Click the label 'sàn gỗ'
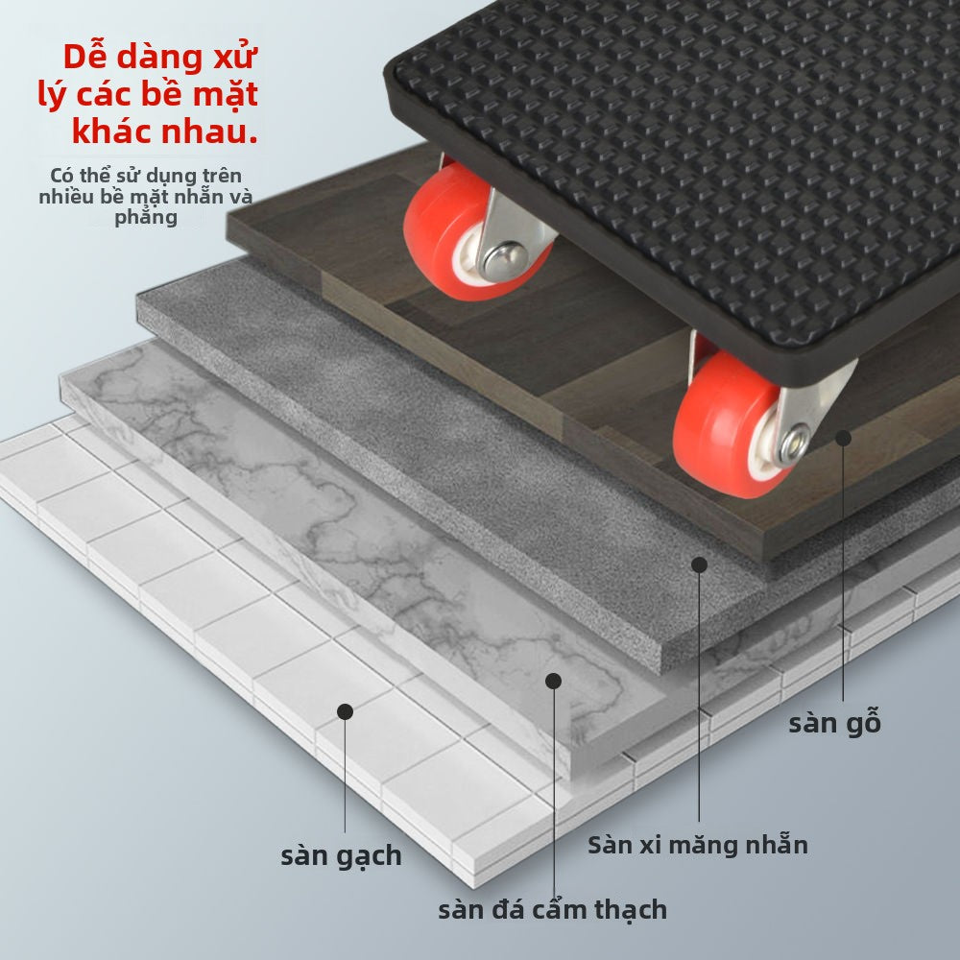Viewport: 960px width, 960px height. point(834,722)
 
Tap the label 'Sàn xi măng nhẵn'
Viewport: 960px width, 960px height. point(698,845)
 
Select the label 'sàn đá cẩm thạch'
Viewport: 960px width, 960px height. point(552,909)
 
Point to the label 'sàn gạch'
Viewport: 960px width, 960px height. point(341,856)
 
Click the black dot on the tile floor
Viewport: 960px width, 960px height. point(345,711)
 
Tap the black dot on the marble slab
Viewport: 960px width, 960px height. point(554,681)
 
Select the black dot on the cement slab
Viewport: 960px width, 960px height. point(699,564)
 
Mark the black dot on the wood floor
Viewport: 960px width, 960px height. point(844,438)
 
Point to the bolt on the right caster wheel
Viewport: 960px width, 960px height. point(794,444)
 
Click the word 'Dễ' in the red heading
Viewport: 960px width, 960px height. point(85,57)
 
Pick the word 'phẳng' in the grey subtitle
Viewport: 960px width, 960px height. point(146,218)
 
